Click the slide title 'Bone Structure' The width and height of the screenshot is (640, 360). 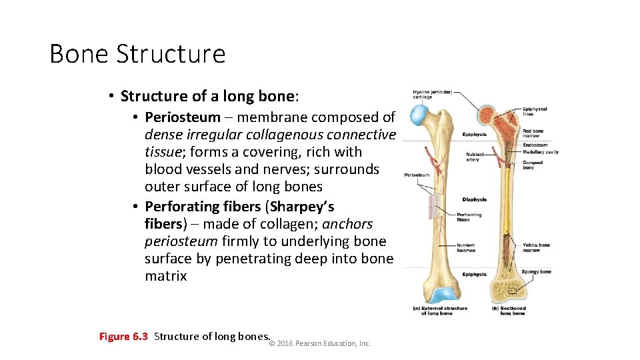(x=137, y=54)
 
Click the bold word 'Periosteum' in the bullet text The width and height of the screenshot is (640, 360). (x=182, y=117)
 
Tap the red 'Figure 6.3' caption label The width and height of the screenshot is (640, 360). (x=123, y=336)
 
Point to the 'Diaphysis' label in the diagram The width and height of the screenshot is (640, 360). (x=474, y=199)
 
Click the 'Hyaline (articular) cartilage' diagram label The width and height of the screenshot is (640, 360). (x=431, y=94)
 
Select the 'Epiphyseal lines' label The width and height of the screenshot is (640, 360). (x=535, y=111)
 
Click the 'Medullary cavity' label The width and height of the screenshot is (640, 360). (x=540, y=152)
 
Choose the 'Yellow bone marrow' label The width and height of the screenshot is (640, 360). (x=535, y=247)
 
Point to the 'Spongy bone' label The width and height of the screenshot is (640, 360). (x=536, y=272)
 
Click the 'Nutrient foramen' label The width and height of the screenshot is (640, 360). (x=466, y=247)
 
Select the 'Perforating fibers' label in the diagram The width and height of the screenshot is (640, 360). (x=469, y=217)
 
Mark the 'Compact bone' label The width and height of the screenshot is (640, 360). (x=532, y=165)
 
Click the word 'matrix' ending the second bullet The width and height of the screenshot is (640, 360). (x=166, y=276)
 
